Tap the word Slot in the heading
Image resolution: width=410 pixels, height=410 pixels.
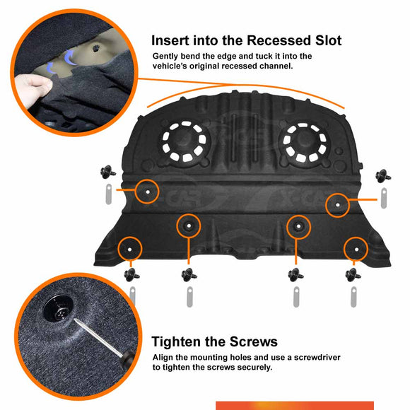(329, 41)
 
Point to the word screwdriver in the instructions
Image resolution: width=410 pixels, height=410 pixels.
(317, 358)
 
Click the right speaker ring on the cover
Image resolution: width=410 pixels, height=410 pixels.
(305, 142)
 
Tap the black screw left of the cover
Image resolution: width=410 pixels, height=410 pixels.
(107, 172)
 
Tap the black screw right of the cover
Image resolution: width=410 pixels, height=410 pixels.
(383, 176)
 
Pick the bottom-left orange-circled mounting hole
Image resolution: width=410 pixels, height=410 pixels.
(129, 250)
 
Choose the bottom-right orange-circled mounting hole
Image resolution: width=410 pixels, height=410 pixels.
(356, 250)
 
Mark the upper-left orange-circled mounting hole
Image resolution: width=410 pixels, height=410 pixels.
(148, 192)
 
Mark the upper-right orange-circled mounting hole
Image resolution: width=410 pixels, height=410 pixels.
(338, 205)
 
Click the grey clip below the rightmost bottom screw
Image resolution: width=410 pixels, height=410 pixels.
(353, 297)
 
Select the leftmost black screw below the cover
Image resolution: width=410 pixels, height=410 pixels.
(131, 274)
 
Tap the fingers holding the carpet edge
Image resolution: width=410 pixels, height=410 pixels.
(33, 87)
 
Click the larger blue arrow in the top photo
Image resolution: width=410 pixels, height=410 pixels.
(70, 57)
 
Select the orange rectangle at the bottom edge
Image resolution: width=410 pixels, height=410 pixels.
(295, 406)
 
